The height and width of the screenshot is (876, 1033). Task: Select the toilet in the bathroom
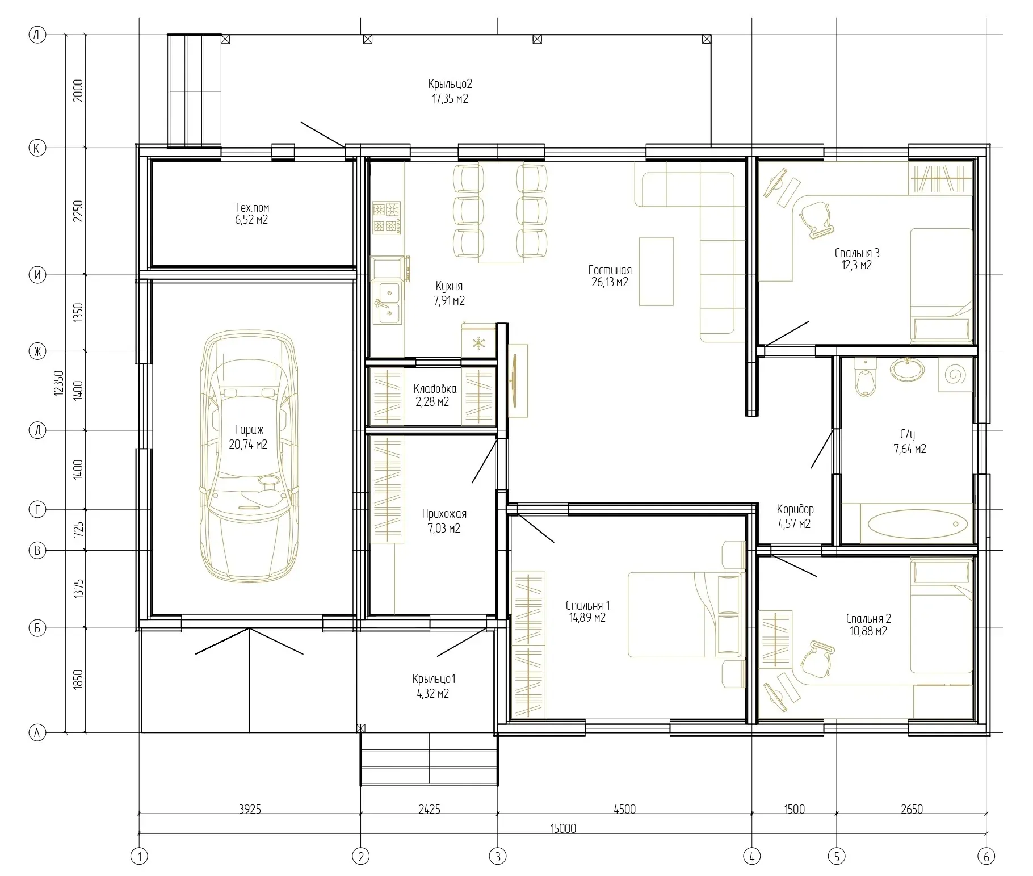865,377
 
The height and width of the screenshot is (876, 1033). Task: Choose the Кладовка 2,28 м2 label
434,395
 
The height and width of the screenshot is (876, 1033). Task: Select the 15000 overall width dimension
563,829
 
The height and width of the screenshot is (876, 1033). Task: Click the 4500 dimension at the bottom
624,809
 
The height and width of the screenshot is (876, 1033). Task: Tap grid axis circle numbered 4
752,856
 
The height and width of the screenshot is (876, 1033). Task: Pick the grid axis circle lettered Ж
37,351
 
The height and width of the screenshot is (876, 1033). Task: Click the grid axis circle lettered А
37,733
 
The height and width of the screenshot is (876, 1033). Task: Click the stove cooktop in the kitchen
386,218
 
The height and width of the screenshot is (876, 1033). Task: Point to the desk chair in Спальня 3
814,219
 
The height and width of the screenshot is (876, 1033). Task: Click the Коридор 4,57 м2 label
795,517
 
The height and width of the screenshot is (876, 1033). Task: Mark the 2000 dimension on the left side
78,90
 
